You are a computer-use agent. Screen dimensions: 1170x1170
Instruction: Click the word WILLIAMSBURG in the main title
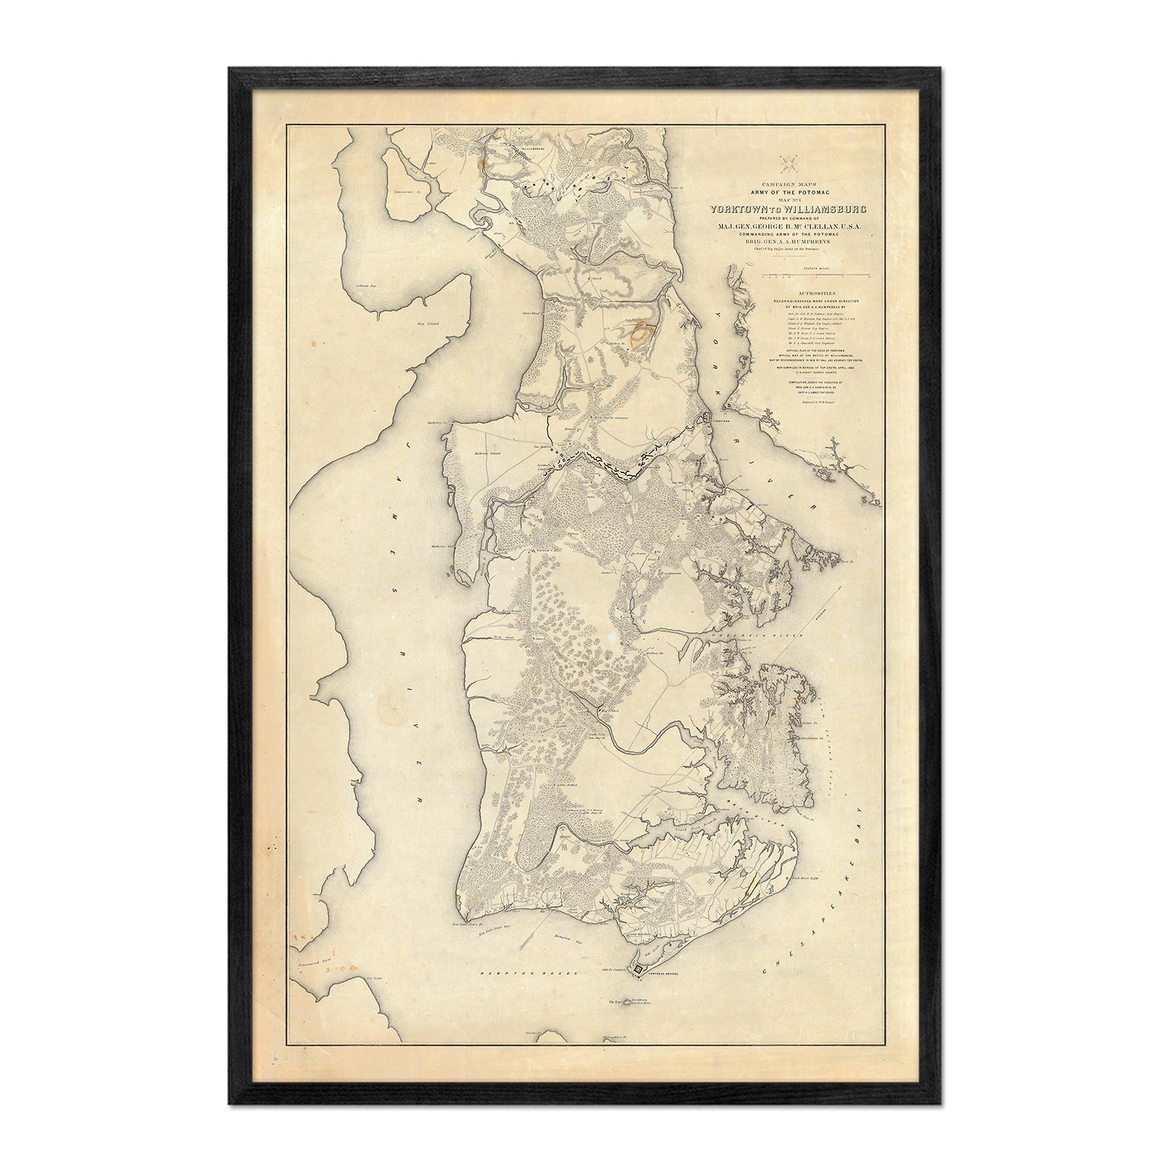click(x=828, y=210)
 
